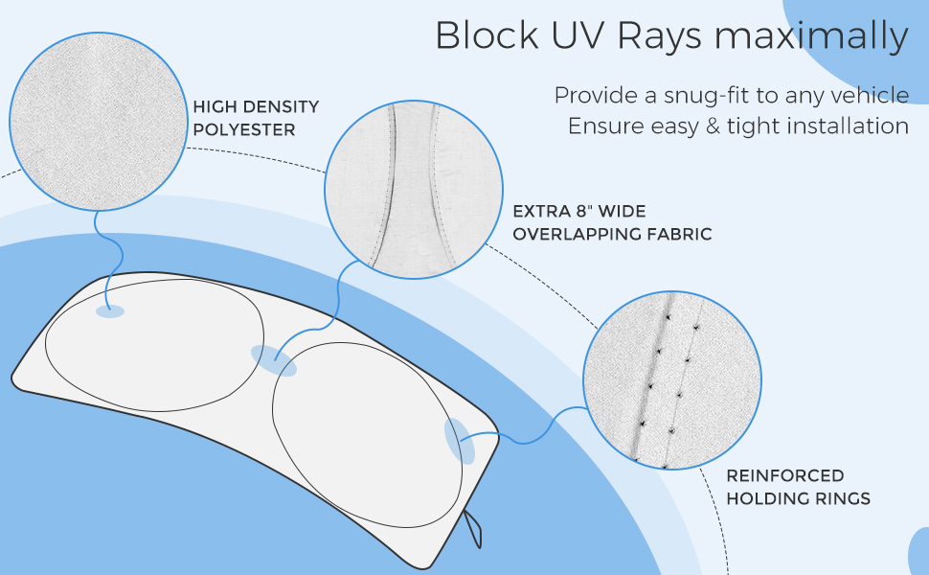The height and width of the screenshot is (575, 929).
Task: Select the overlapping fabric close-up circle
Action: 414,190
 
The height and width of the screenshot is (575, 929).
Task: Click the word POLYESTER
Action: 243,129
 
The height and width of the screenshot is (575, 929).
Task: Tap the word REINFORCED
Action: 771,475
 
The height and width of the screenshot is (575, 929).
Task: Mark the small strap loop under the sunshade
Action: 472,527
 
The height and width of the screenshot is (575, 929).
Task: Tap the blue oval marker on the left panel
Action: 110,311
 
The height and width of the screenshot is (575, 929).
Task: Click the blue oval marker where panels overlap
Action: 274,360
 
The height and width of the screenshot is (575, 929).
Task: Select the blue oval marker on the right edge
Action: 461,442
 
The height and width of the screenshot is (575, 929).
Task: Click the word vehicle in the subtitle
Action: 872,96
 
